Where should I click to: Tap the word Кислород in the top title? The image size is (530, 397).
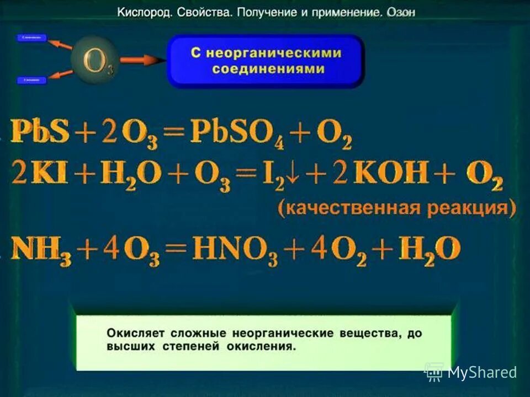coord(145,13)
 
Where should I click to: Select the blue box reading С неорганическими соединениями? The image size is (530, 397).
coord(266,61)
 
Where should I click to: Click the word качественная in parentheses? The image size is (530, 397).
coord(353,208)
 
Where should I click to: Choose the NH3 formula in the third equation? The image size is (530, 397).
coord(41,251)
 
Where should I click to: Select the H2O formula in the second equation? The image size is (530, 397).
coord(130,174)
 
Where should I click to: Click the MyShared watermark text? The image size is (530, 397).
coord(481,373)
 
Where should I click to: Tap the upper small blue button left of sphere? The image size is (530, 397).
coord(33,38)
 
